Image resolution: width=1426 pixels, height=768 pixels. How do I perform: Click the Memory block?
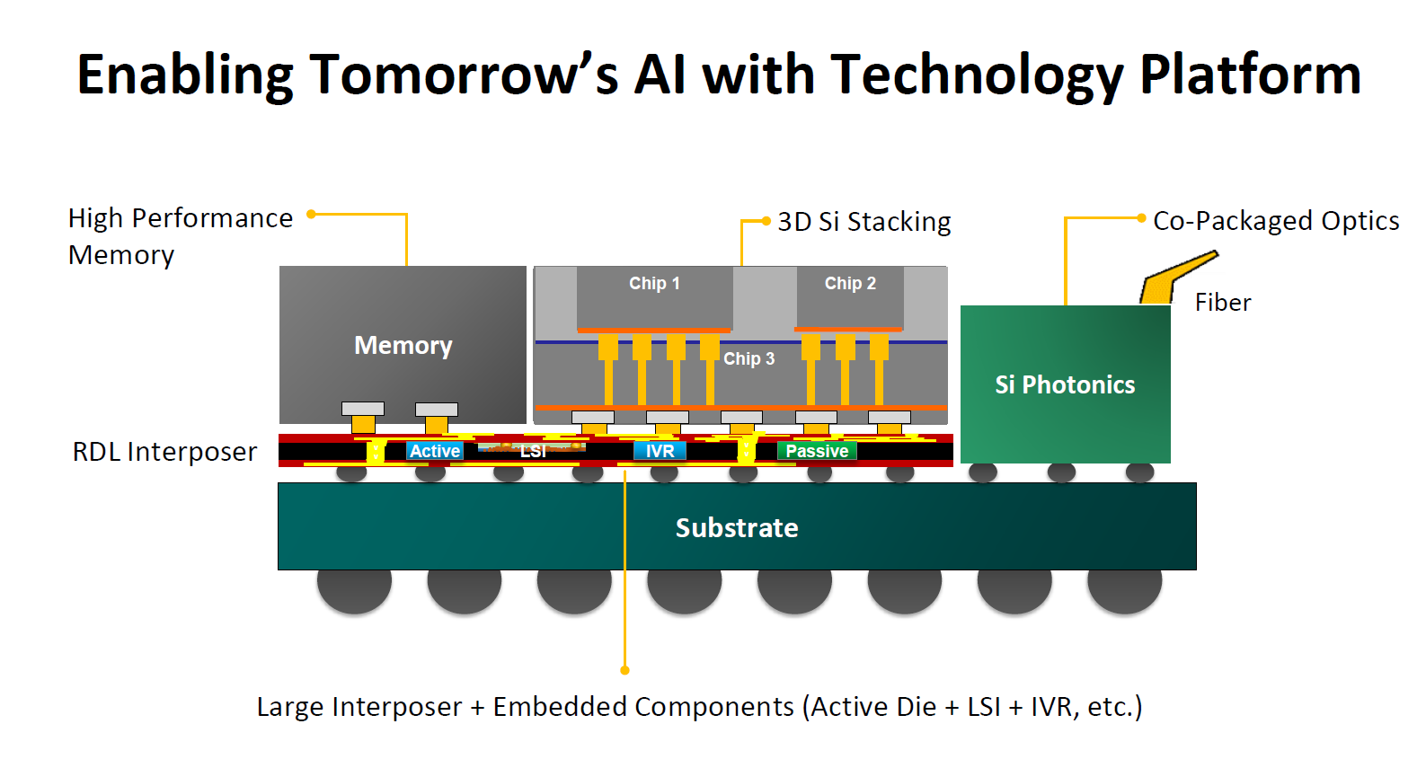point(403,345)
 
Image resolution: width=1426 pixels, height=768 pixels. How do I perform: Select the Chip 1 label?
point(654,284)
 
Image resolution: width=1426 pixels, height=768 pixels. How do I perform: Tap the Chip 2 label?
point(850,284)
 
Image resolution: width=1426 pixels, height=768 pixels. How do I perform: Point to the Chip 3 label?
point(748,359)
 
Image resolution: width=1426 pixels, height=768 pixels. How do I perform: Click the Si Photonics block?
point(1065,384)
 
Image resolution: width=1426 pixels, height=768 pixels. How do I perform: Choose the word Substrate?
point(737,528)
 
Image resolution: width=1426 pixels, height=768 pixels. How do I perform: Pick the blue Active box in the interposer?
point(435,451)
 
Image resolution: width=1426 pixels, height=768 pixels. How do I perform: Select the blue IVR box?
point(660,451)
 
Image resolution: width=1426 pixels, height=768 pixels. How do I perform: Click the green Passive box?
point(817,451)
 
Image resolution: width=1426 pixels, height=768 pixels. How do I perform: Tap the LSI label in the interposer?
point(533,451)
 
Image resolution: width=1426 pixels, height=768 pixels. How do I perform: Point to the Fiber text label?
point(1223,303)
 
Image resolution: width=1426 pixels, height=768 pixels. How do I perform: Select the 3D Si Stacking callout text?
point(864,222)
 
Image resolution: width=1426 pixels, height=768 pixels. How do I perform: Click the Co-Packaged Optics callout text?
point(1276,221)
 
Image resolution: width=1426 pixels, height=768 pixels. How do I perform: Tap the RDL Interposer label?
point(164,452)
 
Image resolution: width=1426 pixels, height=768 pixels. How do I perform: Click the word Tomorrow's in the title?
point(464,75)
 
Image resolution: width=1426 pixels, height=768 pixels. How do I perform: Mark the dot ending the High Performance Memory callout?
point(311,214)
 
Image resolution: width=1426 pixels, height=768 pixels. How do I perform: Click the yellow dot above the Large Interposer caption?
point(624,670)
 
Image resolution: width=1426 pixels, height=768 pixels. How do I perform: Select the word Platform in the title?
point(1250,75)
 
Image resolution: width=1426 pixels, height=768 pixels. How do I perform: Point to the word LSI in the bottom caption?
point(983,707)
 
